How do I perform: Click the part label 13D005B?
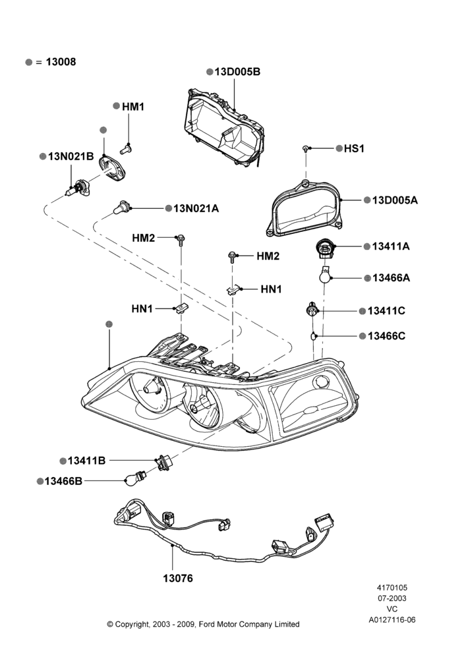(237, 72)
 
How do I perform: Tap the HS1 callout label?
(354, 149)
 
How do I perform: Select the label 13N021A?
(196, 208)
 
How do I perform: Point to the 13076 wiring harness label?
(178, 579)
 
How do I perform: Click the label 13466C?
(386, 336)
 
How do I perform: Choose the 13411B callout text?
(86, 461)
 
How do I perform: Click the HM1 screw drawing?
(126, 148)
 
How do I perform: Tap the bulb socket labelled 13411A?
(324, 250)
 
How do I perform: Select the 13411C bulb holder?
(312, 310)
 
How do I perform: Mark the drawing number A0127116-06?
(392, 620)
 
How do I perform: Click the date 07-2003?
(391, 598)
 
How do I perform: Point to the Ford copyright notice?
(203, 625)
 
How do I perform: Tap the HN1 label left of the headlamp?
(142, 309)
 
